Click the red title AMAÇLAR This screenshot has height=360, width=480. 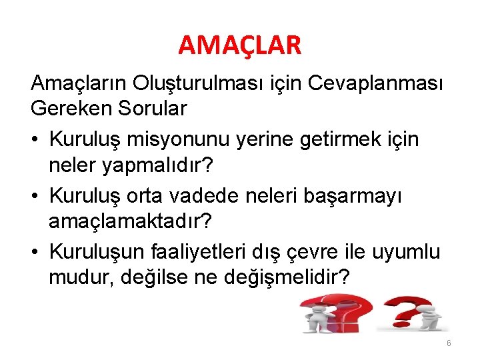coord(240,45)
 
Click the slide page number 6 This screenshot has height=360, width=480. coord(449,343)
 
